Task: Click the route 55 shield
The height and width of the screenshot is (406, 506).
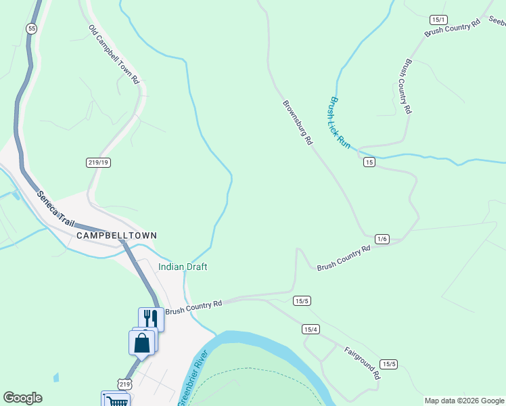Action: [x=31, y=28]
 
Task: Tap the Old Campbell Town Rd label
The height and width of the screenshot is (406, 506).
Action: [x=114, y=55]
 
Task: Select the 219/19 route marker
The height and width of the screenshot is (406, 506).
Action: [x=98, y=162]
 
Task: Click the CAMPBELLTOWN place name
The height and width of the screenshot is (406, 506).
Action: [x=116, y=235]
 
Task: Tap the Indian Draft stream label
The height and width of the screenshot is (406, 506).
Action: [x=183, y=267]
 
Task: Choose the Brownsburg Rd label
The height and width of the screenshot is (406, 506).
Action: [x=298, y=122]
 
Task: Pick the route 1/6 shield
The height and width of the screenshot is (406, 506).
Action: [x=382, y=239]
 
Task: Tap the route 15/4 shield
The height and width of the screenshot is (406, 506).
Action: [x=310, y=329]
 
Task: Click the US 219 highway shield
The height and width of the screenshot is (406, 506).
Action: [x=124, y=384]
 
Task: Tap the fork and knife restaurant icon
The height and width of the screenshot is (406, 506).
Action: [x=150, y=318]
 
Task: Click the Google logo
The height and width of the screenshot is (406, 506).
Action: [x=23, y=398]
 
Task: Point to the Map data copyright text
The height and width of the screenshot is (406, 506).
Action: [x=465, y=401]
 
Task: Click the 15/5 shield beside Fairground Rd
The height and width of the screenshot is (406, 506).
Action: [x=389, y=364]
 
